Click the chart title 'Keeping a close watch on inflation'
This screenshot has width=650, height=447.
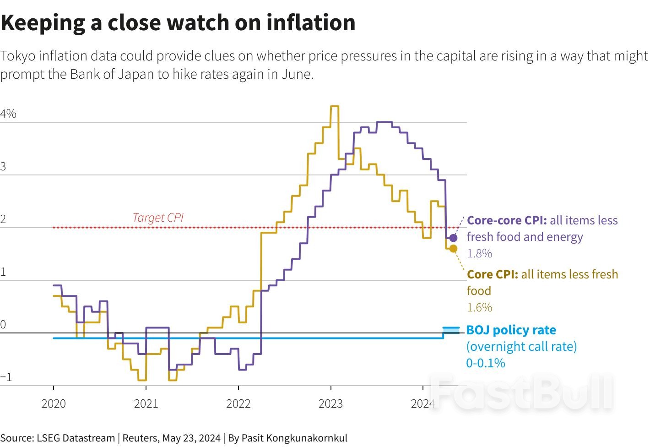point(178,22)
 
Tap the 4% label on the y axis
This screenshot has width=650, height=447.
point(8,114)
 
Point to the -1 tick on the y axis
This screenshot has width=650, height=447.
point(6,377)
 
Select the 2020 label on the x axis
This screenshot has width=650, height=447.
point(54,403)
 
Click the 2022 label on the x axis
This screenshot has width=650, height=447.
point(238,403)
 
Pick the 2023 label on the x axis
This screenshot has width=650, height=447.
point(330,403)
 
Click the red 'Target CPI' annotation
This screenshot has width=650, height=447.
point(158,218)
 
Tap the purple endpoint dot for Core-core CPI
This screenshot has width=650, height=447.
point(453,238)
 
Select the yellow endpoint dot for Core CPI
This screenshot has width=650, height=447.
point(453,249)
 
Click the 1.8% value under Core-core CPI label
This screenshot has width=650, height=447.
point(479,253)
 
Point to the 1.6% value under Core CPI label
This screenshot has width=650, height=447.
point(479,307)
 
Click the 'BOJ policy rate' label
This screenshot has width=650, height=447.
point(511,330)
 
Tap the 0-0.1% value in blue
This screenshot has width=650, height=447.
point(486,363)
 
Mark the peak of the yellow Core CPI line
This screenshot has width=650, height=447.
point(335,106)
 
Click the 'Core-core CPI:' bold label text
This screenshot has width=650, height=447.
point(507,220)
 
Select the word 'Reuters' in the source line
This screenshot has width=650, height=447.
point(140,438)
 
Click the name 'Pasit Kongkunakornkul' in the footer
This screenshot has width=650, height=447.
point(294,438)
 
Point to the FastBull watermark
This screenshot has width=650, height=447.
point(522,393)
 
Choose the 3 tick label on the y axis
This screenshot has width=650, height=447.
point(4,166)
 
